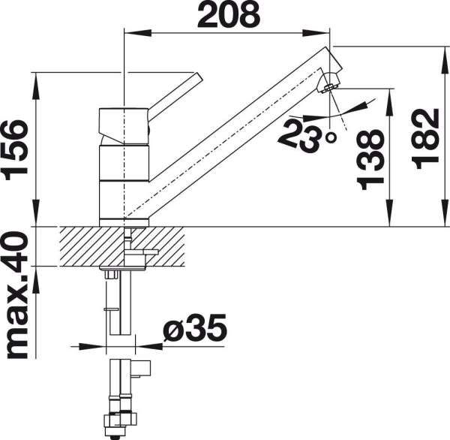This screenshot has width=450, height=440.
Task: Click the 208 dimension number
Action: [229, 14]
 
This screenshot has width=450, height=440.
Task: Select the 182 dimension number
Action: [425, 137]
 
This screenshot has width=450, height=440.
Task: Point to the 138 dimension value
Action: [370, 160]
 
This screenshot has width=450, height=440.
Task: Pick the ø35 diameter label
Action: [195, 327]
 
